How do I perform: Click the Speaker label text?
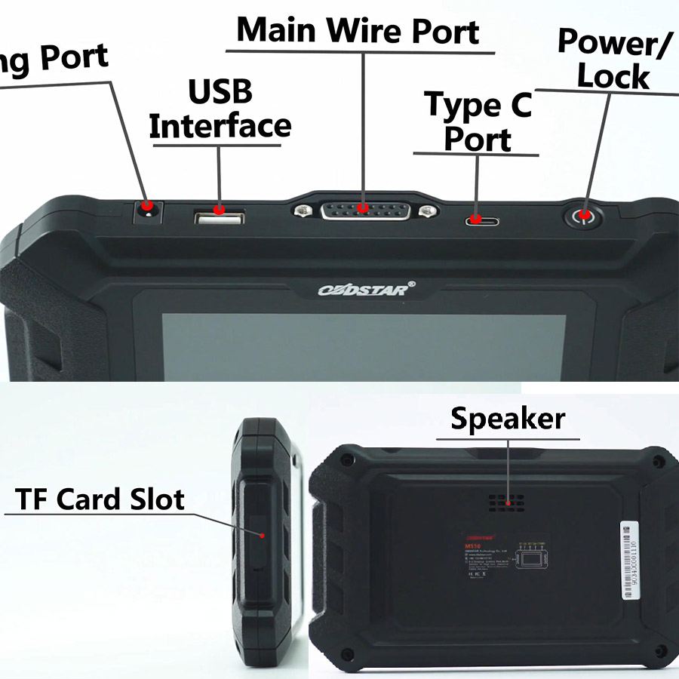tap(507, 419)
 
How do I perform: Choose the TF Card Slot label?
tap(100, 499)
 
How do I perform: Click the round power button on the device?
tap(583, 217)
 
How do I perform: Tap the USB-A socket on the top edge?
tap(220, 218)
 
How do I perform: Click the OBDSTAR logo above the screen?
tap(363, 289)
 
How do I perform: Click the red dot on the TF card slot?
tap(262, 535)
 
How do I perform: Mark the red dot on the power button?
tap(583, 217)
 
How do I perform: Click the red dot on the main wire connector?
tap(363, 207)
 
